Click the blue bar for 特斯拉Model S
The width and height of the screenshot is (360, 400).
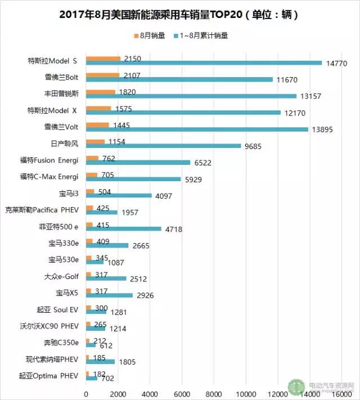(x=204, y=63)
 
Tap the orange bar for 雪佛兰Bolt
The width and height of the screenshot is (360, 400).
(x=102, y=74)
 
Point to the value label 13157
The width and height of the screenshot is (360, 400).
(x=310, y=96)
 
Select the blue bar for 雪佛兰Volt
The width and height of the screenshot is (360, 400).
(x=197, y=129)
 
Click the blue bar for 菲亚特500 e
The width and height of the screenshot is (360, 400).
(x=123, y=228)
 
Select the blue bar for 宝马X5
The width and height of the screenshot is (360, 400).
(x=109, y=295)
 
